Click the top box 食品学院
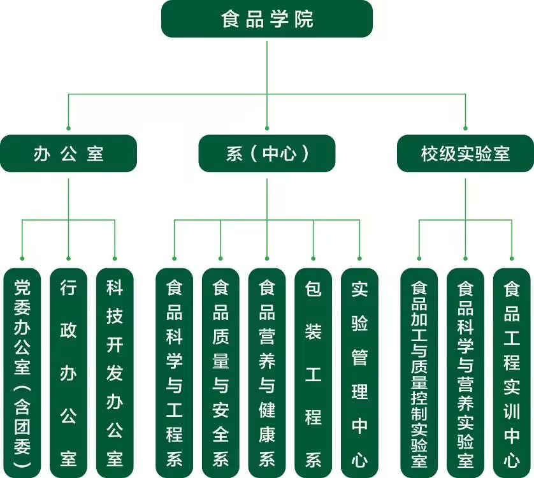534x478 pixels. [266, 19]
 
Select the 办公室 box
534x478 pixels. [68, 154]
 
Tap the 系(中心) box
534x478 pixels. [266, 154]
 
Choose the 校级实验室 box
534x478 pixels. [465, 154]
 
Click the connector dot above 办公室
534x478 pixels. [68, 128]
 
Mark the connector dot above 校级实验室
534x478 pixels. [465, 128]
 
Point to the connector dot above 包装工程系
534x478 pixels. [314, 258]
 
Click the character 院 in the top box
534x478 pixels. [305, 19]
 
